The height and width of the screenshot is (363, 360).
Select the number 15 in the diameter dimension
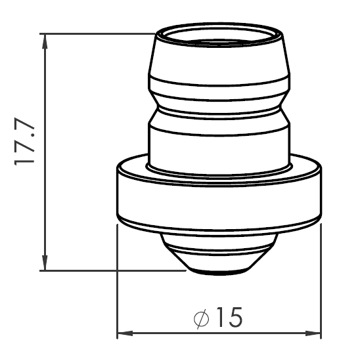point(227,318)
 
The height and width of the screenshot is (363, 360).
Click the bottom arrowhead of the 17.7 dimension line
point(45,263)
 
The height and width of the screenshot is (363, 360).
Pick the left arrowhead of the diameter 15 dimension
point(123,334)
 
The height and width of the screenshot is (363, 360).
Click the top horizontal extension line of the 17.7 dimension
point(99,33)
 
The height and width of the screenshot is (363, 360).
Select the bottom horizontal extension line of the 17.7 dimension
point(112,269)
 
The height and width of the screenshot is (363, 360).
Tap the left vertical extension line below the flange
point(117,282)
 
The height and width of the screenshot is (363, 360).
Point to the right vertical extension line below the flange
point(321,282)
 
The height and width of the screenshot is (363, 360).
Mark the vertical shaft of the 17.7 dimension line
point(45,197)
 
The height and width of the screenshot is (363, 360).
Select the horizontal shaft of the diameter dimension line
point(164,334)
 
